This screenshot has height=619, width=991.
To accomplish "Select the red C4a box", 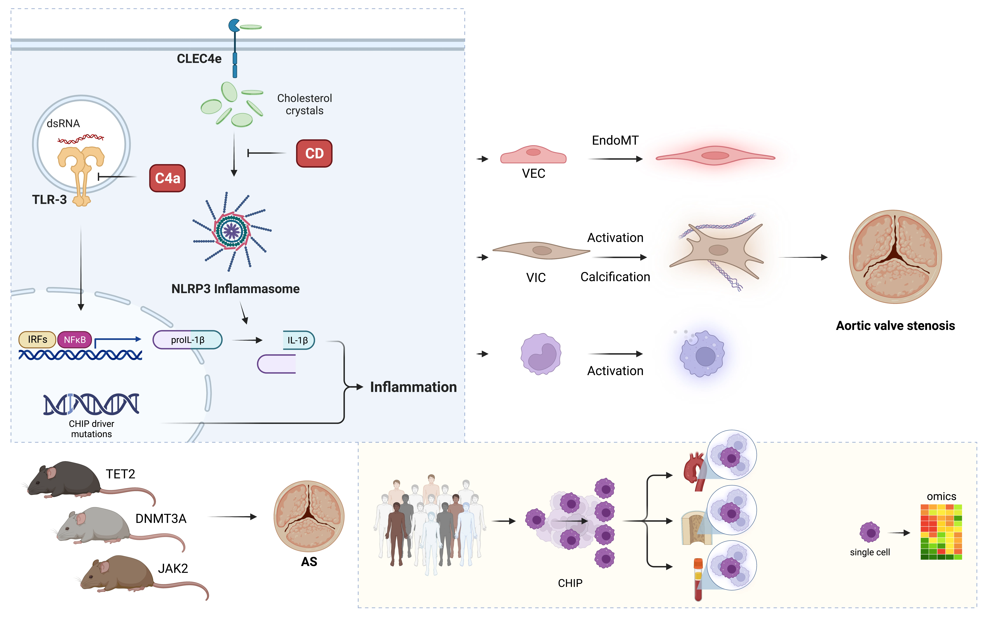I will point(167,178).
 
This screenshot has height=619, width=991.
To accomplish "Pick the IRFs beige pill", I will point(37,339).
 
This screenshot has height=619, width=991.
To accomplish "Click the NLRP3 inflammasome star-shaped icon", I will point(232,231).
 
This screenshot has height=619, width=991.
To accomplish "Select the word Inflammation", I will point(413,387).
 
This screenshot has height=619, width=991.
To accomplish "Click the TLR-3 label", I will point(49,200).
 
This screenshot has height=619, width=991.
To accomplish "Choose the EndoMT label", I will point(615,140).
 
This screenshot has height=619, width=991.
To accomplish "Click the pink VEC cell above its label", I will point(533,155).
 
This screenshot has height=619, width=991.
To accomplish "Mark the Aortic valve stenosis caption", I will point(895,326).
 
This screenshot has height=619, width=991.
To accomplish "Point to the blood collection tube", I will point(698,579).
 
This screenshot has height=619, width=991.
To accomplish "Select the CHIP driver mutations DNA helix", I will point(91,404).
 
